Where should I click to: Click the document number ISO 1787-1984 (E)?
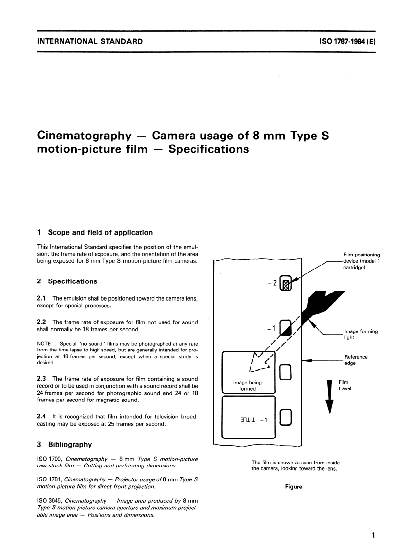347,41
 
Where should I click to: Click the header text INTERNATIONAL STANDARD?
90,41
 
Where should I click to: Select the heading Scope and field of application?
100,233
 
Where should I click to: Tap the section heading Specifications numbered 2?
72,281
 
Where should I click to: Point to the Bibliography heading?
70,445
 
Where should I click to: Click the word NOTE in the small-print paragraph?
44,344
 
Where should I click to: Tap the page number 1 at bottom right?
373,535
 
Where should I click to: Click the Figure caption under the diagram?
294,487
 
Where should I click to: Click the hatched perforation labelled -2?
286,283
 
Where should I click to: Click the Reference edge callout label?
356,360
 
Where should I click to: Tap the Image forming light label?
361,334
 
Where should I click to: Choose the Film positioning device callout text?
362,261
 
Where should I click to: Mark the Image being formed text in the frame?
248,386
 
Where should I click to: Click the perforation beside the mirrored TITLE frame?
286,417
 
